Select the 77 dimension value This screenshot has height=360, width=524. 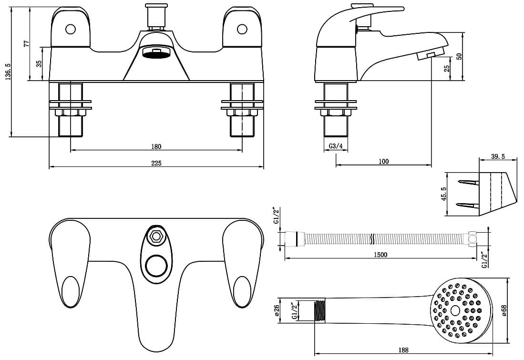point(27,43)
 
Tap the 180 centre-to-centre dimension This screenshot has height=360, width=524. point(156,146)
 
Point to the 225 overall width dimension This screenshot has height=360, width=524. point(156,163)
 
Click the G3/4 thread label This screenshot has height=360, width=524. point(336,146)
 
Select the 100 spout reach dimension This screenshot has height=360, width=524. point(383,162)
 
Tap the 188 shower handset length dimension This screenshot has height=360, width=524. point(403,350)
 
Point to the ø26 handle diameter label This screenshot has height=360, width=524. point(276,311)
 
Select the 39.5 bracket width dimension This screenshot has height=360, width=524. point(497,157)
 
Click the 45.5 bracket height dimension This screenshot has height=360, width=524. point(444,194)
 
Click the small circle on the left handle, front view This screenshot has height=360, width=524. point(71,30)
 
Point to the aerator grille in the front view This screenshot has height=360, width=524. point(156,52)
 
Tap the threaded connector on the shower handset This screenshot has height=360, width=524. point(320,311)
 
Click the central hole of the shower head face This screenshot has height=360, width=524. point(455,310)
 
